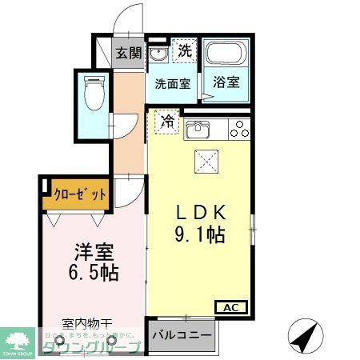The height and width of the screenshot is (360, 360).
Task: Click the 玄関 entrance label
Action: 128,54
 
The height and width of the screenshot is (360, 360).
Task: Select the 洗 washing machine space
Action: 185,50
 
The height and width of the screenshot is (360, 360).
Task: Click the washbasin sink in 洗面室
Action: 158,54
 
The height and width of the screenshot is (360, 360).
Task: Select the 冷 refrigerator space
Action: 168,122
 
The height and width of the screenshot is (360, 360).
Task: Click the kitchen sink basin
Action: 196,127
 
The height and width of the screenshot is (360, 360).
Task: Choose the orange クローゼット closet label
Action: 78,193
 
